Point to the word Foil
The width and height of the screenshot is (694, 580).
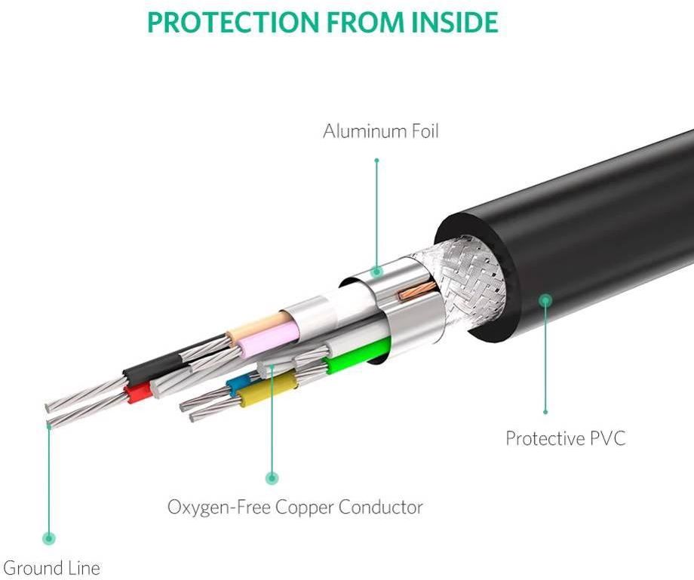click(419, 131)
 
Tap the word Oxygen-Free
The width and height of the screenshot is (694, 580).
click(218, 507)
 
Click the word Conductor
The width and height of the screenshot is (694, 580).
click(380, 507)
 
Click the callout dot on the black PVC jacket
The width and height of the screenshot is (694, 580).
click(545, 300)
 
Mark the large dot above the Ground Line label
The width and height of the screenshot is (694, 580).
click(49, 538)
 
